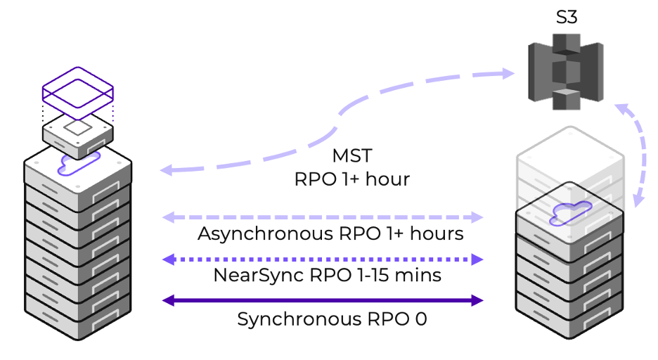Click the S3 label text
pyautogui.click(x=567, y=17)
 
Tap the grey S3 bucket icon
pyautogui.click(x=566, y=74)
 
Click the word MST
pyautogui.click(x=352, y=155)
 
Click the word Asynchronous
pyautogui.click(x=266, y=233)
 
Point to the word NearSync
pyautogui.click(x=257, y=275)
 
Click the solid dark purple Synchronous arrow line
pyautogui.click(x=323, y=301)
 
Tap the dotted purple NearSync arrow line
pyautogui.click(x=323, y=259)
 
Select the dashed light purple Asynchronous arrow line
pyautogui.click(x=323, y=217)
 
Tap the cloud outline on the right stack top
pyautogui.click(x=569, y=211)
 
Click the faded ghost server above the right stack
pyautogui.click(x=569, y=158)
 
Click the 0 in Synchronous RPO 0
pyautogui.click(x=420, y=319)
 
